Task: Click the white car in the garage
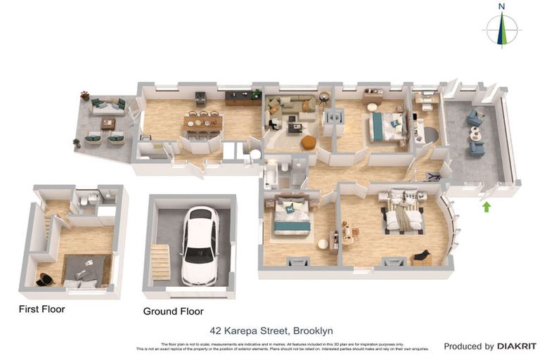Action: pyautogui.click(x=200, y=245)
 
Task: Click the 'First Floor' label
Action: pyautogui.click(x=41, y=309)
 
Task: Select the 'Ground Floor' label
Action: pyautogui.click(x=173, y=311)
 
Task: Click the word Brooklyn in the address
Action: pyautogui.click(x=313, y=330)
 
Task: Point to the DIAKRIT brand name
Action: pyautogui.click(x=517, y=346)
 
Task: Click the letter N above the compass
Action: pyautogui.click(x=501, y=6)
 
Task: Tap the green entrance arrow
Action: pyautogui.click(x=485, y=207)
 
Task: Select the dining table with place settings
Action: pyautogui.click(x=203, y=123)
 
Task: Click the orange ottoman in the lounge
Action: pyautogui.click(x=308, y=142)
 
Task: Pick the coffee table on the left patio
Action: pyautogui.click(x=108, y=124)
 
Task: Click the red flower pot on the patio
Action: pyautogui.click(x=84, y=95)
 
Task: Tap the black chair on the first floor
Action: pyautogui.click(x=44, y=278)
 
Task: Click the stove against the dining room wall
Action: pyautogui.click(x=200, y=97)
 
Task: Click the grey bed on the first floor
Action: pyautogui.click(x=86, y=270)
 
